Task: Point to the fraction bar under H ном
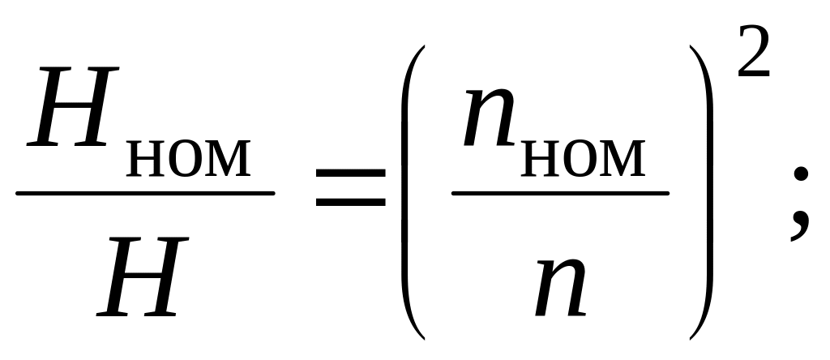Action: pyautogui.click(x=146, y=193)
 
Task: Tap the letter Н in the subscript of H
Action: pyautogui.click(x=145, y=161)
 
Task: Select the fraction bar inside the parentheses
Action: pyautogui.click(x=560, y=194)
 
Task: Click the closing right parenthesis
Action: pyautogui.click(x=702, y=191)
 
